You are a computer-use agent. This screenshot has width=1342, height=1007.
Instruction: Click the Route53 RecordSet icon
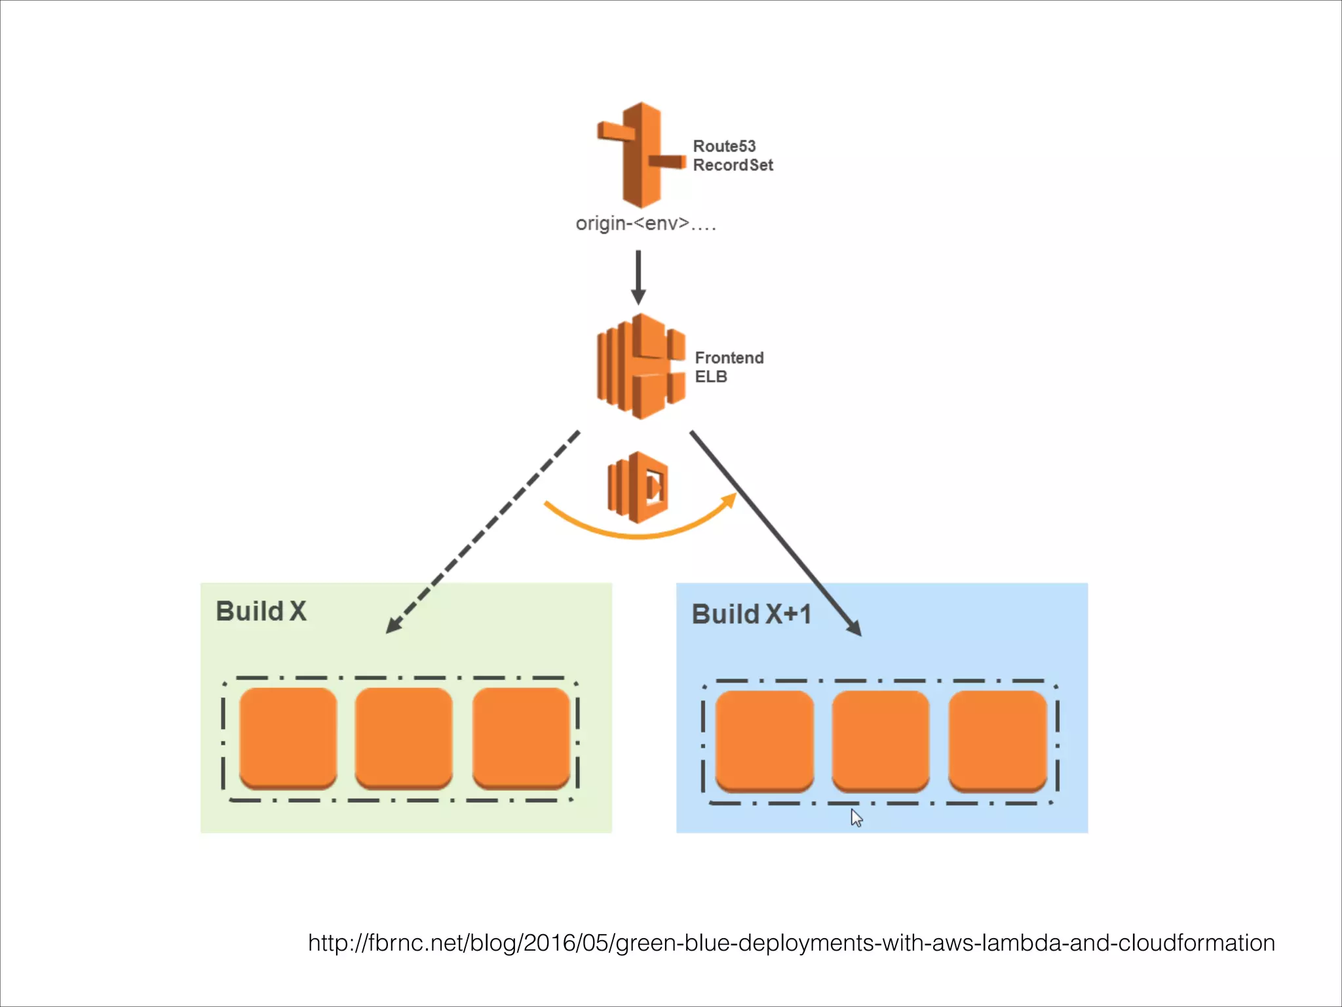coord(641,155)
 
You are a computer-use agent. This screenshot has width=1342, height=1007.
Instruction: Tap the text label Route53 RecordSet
coord(732,155)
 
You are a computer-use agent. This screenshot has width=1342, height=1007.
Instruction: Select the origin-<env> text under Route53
coord(645,224)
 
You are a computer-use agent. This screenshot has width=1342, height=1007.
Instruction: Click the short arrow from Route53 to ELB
coord(638,277)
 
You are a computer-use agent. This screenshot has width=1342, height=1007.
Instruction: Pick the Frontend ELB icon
coord(641,366)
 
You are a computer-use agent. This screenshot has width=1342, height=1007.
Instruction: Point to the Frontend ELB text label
coord(729,367)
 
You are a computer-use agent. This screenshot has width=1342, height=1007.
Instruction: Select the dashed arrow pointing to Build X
coord(482,532)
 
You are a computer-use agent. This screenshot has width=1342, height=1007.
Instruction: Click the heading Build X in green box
coord(261,611)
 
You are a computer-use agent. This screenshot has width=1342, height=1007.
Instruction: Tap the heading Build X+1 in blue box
coord(752,614)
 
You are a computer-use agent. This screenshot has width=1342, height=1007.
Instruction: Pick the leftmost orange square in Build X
coord(288,738)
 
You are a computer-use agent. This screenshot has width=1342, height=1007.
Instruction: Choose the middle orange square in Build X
coord(404,738)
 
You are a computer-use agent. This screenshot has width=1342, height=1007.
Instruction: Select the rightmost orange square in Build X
coord(521,738)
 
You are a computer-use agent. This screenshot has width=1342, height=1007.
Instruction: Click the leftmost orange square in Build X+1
coord(764,741)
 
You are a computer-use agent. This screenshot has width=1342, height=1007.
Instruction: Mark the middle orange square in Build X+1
coord(880,741)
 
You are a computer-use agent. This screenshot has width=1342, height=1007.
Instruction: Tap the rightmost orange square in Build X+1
coord(997,741)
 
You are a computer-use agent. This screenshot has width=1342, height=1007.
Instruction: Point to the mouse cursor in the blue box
coord(856,818)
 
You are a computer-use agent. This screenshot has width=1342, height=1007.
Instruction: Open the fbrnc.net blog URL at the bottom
coord(791,943)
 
